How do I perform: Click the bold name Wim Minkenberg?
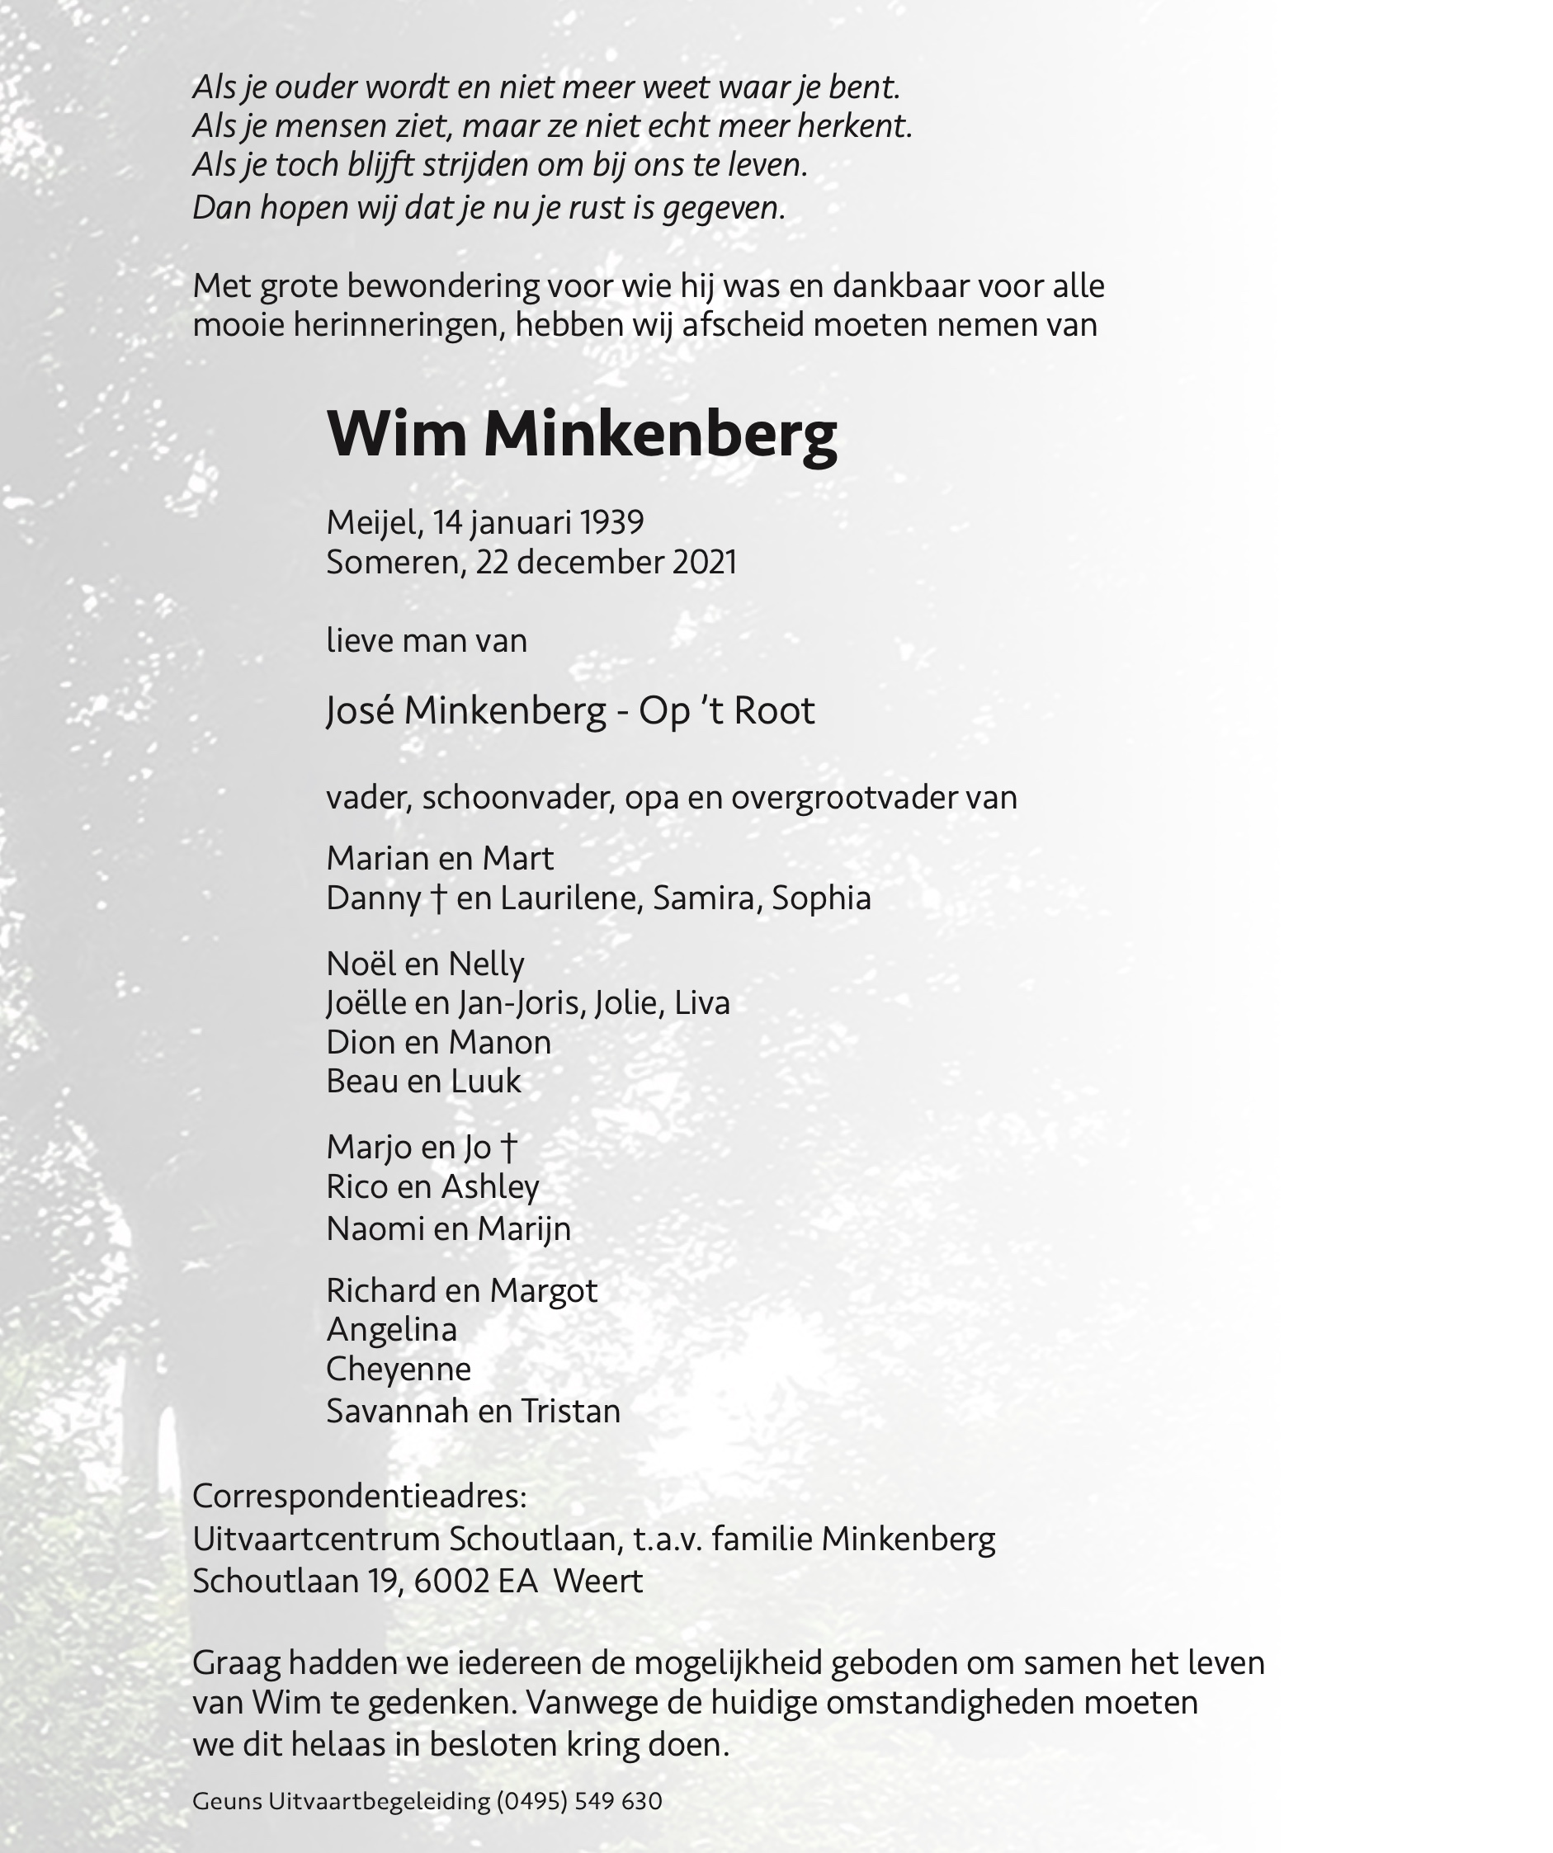click(582, 434)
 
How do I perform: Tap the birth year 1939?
click(611, 522)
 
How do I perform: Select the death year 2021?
click(703, 562)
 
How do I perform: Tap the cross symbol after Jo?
click(507, 1147)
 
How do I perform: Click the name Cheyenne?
click(399, 1369)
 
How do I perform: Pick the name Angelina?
click(392, 1329)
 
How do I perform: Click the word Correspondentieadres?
click(358, 1496)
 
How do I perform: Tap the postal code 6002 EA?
click(475, 1581)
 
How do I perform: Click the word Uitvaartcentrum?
click(317, 1539)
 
